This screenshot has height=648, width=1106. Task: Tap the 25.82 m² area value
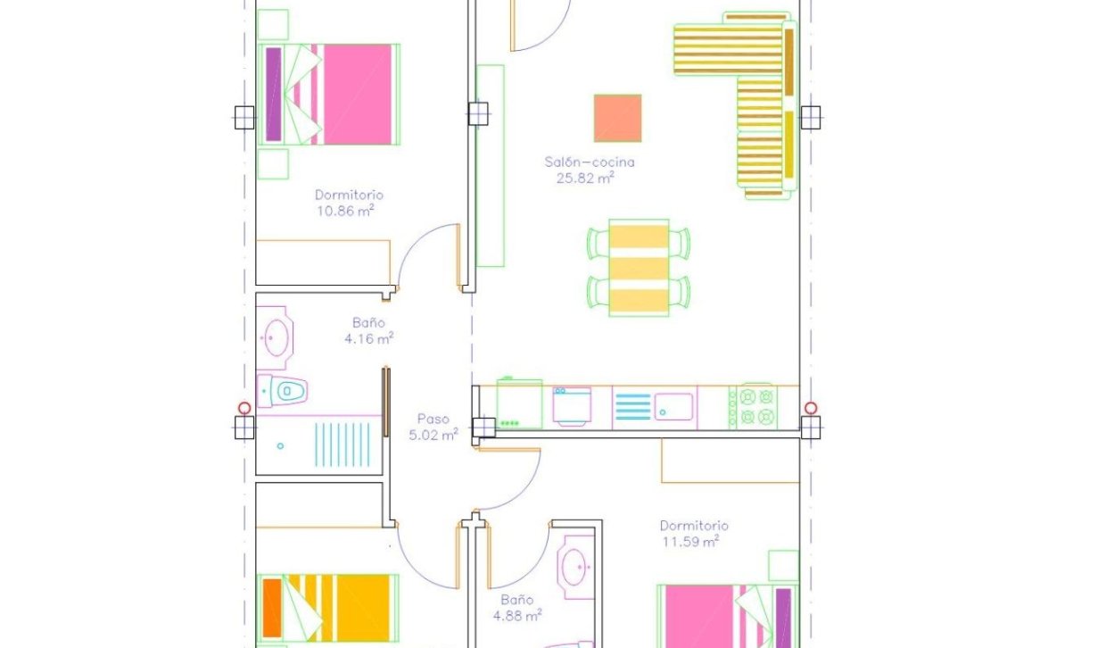coord(585,178)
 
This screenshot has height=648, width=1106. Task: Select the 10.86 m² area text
coord(344,212)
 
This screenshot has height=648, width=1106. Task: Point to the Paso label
coord(433,419)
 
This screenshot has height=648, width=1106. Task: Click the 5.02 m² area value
coord(433,435)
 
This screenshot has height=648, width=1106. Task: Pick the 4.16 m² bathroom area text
coord(368,338)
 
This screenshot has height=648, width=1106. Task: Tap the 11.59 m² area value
coord(690,541)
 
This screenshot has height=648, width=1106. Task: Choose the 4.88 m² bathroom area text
coord(517,616)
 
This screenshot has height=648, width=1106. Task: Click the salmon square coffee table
coord(617,118)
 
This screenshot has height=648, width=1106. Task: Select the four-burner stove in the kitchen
coord(752,406)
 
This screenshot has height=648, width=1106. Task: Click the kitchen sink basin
coord(673,406)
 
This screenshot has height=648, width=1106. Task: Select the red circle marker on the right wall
coord(810,408)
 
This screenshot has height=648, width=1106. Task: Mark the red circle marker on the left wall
coord(244,408)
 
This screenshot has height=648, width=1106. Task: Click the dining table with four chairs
coord(638,267)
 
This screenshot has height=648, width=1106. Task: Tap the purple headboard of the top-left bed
coord(273,94)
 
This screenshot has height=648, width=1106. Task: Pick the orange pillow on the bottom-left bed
coord(272,608)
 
